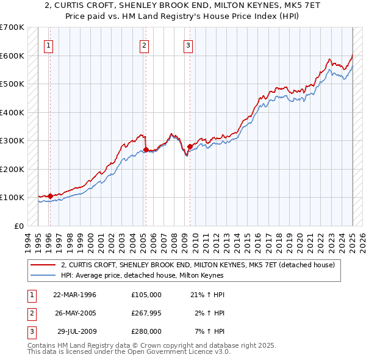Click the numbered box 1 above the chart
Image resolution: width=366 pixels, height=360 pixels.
[x=48, y=45]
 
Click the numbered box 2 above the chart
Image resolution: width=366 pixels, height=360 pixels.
[x=144, y=45]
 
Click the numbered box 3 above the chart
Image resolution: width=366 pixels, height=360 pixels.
[x=188, y=45]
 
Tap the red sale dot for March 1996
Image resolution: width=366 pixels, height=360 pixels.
[x=50, y=196]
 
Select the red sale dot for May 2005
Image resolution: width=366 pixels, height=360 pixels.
[x=146, y=149]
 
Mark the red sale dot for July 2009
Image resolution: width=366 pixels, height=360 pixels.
[x=190, y=146]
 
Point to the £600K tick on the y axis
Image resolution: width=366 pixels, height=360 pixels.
[x=12, y=56]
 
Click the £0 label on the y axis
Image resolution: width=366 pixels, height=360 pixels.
[x=18, y=226]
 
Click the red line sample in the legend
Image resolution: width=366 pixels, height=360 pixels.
[x=42, y=265]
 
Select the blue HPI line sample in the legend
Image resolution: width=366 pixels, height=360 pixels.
[x=42, y=275]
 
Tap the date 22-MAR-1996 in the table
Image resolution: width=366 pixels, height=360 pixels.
[x=75, y=295]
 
